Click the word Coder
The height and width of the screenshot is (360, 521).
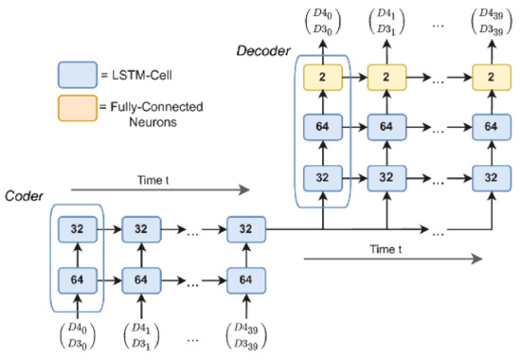click(x=23, y=197)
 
